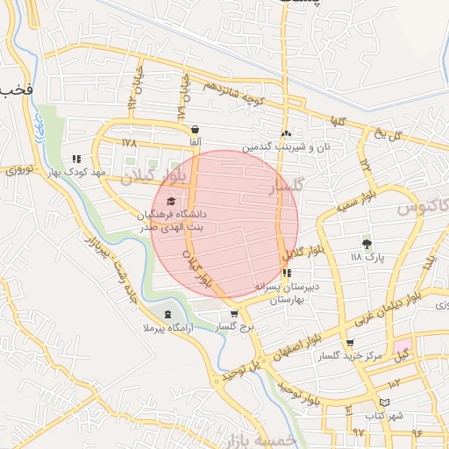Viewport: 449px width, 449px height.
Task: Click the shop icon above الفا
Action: pyautogui.click(x=195, y=130)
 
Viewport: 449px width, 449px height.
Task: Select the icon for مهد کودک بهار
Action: pyautogui.click(x=77, y=160)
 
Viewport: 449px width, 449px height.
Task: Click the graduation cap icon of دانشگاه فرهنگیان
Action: pyautogui.click(x=169, y=202)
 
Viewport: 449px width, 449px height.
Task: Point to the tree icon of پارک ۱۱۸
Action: pyautogui.click(x=367, y=244)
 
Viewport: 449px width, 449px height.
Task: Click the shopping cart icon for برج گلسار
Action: pyautogui.click(x=233, y=314)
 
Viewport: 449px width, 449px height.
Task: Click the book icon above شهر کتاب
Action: pyautogui.click(x=374, y=403)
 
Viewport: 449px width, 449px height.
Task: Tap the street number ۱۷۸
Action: pyautogui.click(x=130, y=142)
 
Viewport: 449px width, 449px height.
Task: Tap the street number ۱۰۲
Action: pyautogui.click(x=394, y=383)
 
